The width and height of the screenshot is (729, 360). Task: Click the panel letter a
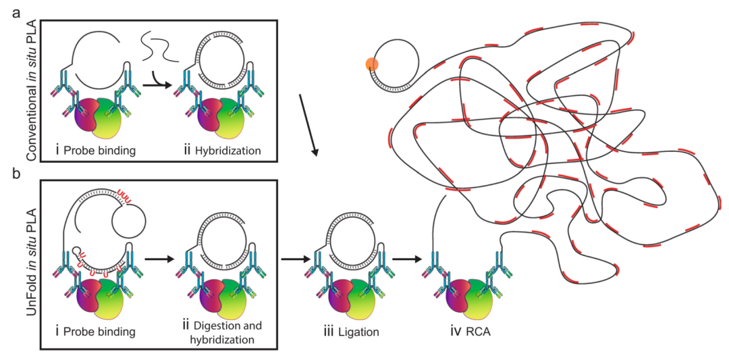16,14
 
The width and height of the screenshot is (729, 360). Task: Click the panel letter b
16,176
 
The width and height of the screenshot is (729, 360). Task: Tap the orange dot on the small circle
373,64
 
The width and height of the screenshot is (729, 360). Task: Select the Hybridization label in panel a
227,151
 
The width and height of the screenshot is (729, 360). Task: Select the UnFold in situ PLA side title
32,263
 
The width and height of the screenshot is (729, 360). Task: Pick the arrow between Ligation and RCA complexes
408,269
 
